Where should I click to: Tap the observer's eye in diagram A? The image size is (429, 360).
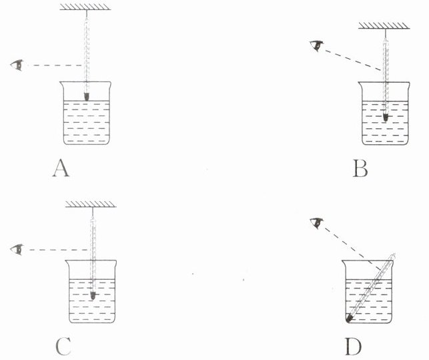tap(19, 65)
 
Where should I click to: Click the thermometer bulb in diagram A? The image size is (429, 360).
tap(87, 96)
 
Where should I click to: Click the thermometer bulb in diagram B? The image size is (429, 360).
tap(386, 117)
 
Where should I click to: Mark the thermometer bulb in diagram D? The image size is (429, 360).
tap(349, 319)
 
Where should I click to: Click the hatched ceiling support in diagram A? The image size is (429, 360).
tap(86, 7)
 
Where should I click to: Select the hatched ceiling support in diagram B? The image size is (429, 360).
tap(386, 27)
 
